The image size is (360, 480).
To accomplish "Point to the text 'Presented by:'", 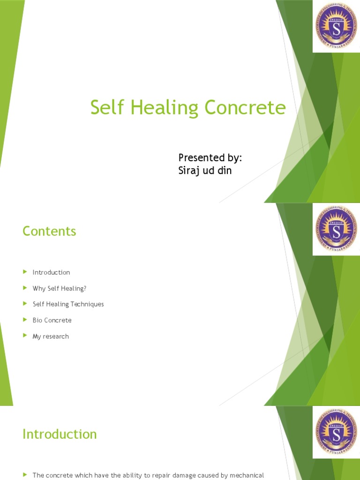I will tap(210, 157).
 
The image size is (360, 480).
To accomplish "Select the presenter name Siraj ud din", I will tap(205, 171).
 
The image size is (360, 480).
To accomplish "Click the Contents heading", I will tap(49, 231).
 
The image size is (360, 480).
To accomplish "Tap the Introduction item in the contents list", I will tap(51, 272).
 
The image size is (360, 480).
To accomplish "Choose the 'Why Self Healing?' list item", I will tap(60, 288).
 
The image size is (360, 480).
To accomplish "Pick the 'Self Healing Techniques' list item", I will tap(68, 304).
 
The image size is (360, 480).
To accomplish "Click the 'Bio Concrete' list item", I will tap(52, 320).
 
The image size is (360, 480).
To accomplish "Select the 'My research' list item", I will tap(51, 336).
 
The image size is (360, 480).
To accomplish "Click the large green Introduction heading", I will tap(60, 434).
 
